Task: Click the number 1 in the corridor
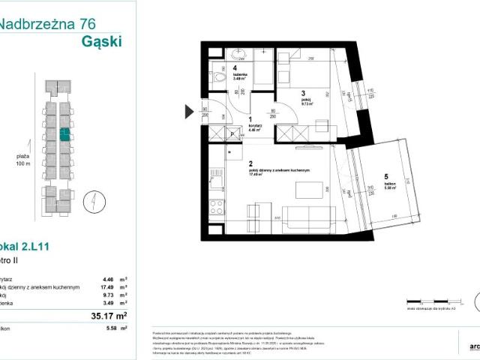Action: pyautogui.click(x=250, y=119)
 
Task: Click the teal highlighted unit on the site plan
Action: pyautogui.click(x=64, y=134)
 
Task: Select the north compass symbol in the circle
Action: pyautogui.click(x=89, y=201)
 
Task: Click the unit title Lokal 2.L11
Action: pyautogui.click(x=27, y=246)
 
